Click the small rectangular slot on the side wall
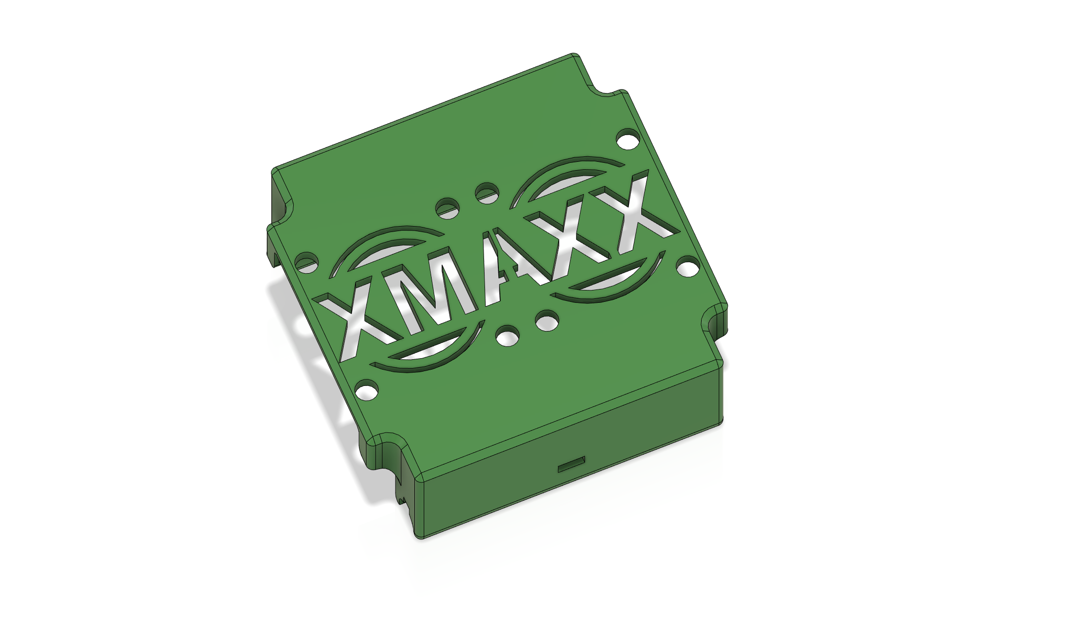[572, 466]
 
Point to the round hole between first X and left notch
[307, 263]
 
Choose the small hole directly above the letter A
[487, 193]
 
